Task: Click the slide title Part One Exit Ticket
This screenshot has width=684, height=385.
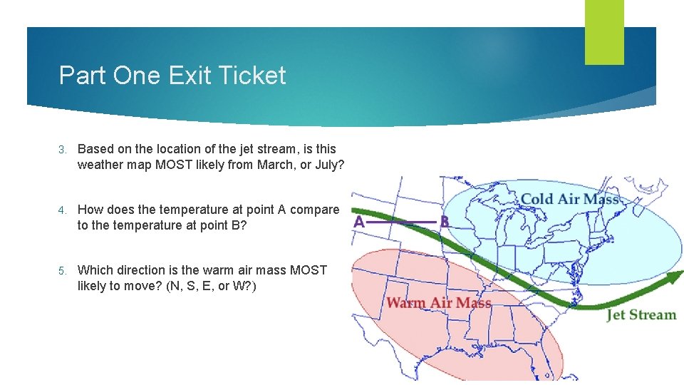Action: (172, 76)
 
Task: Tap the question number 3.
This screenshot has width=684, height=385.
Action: (63, 149)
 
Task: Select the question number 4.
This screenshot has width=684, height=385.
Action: (63, 210)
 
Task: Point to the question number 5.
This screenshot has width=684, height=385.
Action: (63, 270)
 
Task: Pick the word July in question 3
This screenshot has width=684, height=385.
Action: (326, 165)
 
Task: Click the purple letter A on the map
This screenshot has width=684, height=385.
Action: (359, 222)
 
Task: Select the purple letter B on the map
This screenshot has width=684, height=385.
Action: (445, 222)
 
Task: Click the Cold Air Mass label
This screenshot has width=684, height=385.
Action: (569, 198)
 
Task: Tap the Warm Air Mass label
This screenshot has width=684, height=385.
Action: (438, 303)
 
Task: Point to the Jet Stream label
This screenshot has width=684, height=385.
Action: (641, 314)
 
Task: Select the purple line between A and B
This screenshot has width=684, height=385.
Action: (402, 222)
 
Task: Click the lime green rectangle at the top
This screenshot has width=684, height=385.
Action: (604, 31)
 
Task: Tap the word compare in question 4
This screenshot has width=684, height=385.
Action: (315, 210)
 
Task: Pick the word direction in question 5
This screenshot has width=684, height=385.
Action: (135, 270)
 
